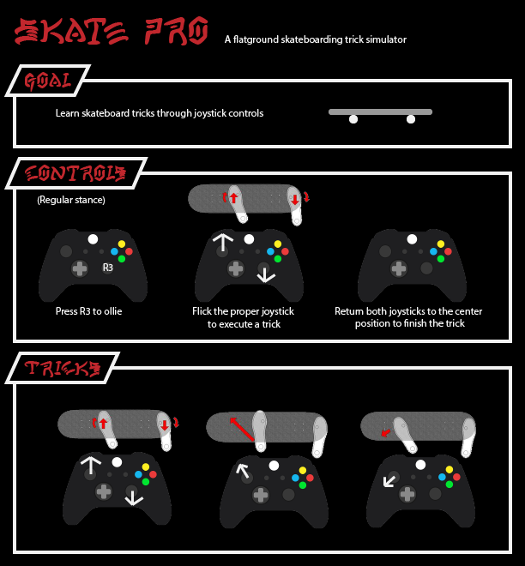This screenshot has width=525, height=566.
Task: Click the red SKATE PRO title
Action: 112,32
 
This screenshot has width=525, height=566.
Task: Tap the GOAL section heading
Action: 48,81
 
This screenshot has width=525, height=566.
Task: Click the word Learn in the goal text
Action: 69,113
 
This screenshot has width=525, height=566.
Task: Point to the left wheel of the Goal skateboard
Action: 353,120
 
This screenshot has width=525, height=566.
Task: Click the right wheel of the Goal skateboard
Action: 411,120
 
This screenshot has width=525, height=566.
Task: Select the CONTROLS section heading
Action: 76,173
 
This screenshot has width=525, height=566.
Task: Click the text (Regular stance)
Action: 71,200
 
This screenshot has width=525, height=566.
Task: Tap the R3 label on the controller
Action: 107,268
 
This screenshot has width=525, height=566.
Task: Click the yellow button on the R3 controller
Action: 121,244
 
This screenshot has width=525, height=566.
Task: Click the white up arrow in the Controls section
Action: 223,242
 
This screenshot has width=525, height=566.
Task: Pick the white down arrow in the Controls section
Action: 265,275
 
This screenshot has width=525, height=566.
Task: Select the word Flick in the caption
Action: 204,311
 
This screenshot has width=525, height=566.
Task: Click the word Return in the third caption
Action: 350,311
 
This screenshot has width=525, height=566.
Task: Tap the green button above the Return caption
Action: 440,258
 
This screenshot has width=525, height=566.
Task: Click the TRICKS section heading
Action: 62,368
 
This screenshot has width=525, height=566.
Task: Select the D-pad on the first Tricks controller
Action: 103,491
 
